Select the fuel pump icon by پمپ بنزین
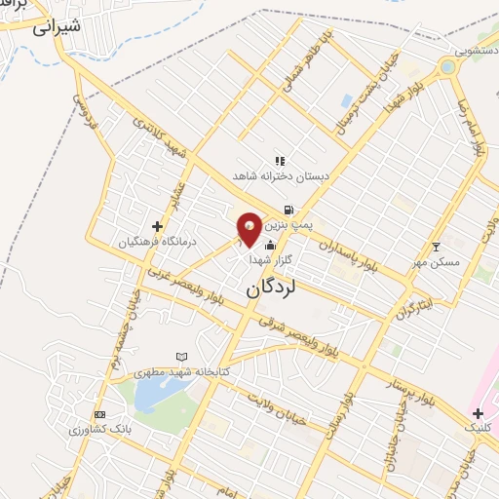288,210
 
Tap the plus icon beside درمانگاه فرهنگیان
157,226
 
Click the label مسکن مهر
436,261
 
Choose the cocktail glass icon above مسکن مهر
436,245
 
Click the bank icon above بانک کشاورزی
100,414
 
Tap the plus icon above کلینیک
478,413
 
